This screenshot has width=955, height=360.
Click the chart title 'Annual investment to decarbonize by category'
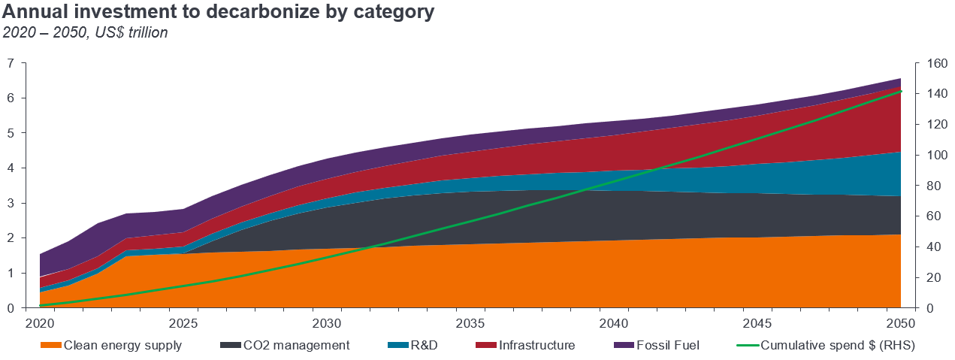(219, 13)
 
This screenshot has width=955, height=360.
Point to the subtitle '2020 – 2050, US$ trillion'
(85, 32)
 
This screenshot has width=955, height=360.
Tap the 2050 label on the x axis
(900, 324)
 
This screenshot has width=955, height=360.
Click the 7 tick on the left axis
(11, 63)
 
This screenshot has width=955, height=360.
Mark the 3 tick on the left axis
(11, 203)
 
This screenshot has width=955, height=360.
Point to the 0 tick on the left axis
(11, 308)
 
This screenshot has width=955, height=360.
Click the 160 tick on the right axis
(929, 63)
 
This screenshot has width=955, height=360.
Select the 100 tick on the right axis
(929, 155)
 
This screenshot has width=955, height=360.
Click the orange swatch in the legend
(50, 345)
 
